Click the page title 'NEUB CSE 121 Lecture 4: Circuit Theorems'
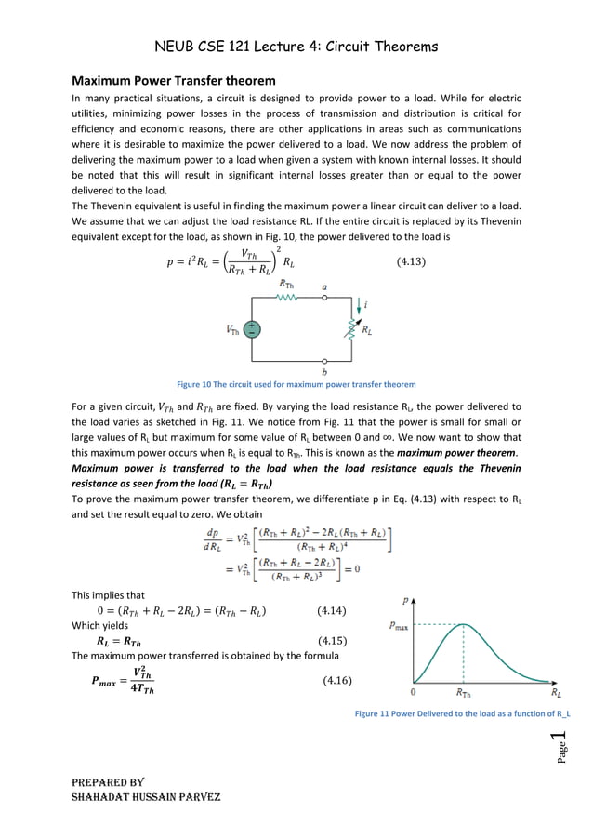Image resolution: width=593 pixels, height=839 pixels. (296, 45)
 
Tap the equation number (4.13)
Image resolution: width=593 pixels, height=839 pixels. (406, 261)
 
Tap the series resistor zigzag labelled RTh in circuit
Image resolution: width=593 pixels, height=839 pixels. (287, 299)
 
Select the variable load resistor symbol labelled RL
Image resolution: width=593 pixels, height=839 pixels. (351, 328)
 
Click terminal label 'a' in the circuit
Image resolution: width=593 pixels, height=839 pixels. (323, 287)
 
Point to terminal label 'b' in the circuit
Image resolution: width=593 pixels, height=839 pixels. (323, 370)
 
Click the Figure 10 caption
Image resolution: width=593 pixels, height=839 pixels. (296, 384)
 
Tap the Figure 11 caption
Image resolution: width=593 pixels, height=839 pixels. (462, 714)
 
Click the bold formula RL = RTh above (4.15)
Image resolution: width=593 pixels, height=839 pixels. (119, 641)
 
